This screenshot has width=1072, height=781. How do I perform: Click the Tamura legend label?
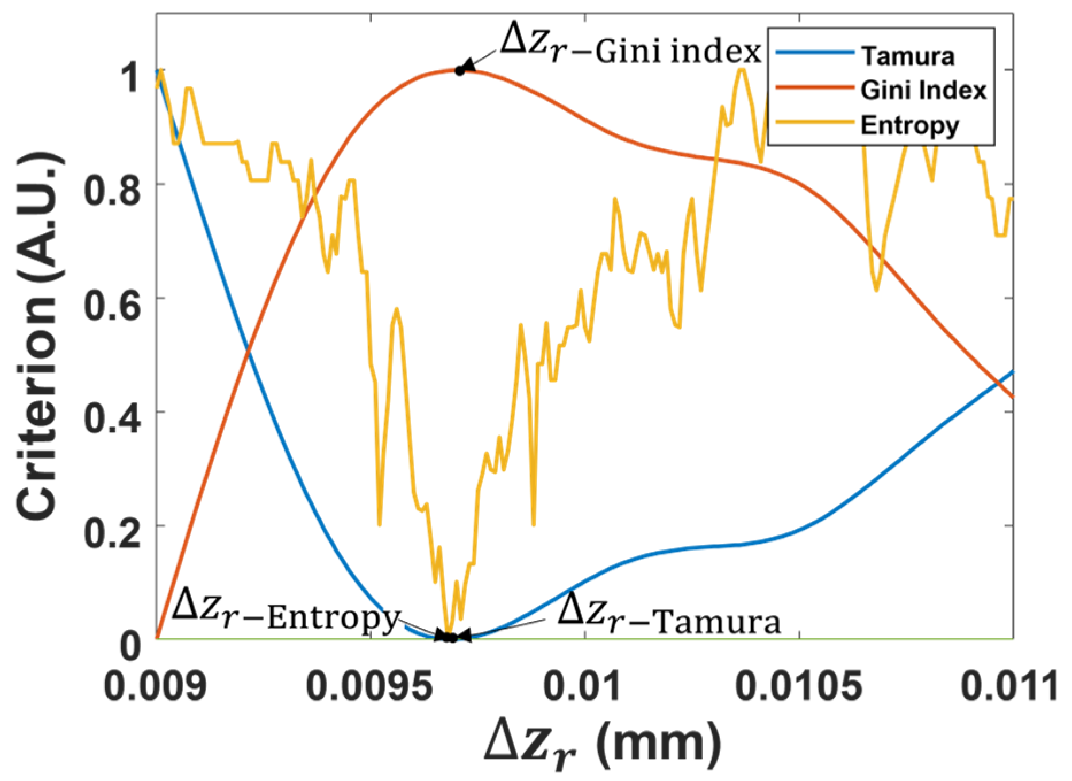(x=908, y=56)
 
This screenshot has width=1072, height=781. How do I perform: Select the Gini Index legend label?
(x=923, y=90)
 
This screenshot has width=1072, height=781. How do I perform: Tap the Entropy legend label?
(x=910, y=125)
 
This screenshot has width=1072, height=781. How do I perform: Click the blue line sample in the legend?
(x=815, y=53)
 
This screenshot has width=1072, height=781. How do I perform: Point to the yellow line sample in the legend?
(x=815, y=122)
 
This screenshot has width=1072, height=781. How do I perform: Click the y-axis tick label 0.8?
(x=112, y=190)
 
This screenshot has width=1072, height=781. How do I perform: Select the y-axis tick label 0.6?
(x=112, y=304)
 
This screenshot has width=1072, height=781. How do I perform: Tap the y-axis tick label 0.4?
(x=112, y=418)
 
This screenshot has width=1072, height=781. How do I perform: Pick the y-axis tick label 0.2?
(x=112, y=532)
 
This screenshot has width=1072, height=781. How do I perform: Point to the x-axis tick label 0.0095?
(x=371, y=686)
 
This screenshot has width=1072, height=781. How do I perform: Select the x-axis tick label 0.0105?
(x=799, y=686)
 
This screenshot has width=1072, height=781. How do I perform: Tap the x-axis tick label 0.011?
(x=1009, y=686)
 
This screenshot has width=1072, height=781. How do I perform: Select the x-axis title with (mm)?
(x=603, y=744)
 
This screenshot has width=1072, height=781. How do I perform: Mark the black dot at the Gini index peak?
(x=460, y=71)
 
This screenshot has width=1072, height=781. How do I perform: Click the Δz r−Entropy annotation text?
(x=286, y=611)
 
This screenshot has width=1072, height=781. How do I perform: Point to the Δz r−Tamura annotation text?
(x=669, y=614)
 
